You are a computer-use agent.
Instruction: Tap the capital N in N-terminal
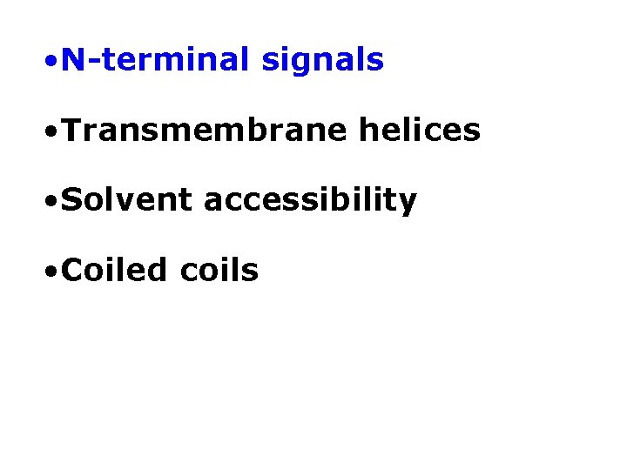pos(75,60)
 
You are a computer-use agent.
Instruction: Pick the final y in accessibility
pos(408,205)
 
